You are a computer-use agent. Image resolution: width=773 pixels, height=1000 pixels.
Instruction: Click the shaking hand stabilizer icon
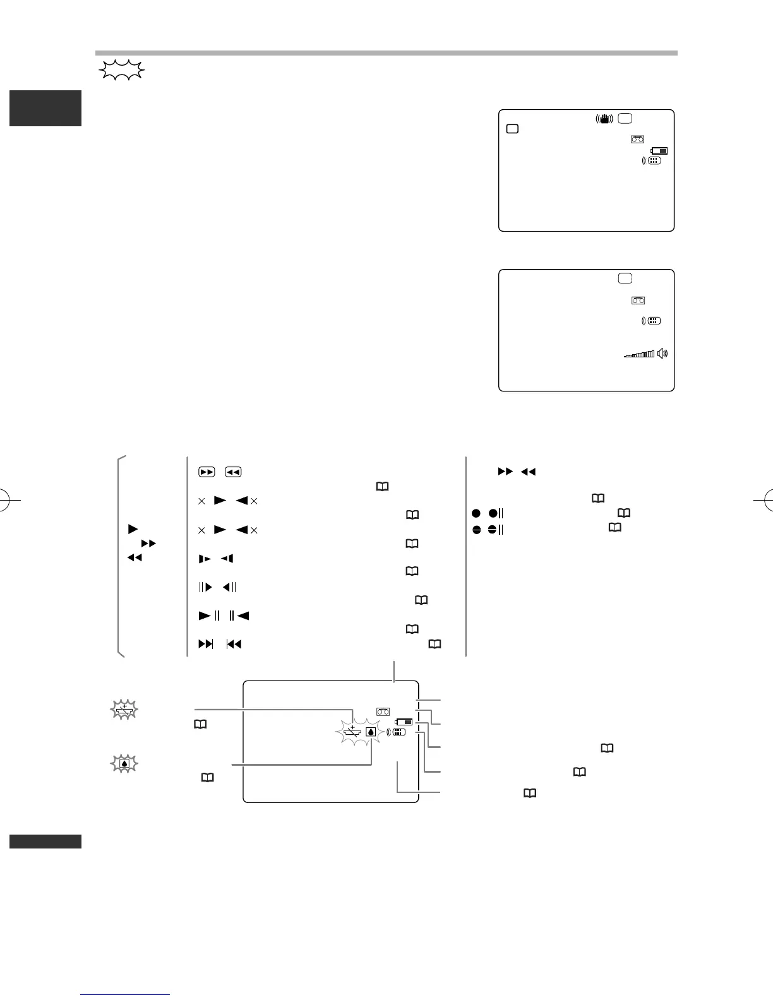605,118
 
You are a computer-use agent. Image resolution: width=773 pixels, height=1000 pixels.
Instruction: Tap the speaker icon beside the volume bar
662,354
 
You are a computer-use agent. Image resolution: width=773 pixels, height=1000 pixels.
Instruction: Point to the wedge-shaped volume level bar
640,355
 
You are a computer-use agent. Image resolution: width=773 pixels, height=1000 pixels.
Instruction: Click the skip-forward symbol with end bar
206,645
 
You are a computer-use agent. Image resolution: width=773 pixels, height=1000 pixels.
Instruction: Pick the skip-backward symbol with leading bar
234,645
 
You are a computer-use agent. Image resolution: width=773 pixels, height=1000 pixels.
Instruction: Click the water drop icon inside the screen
371,732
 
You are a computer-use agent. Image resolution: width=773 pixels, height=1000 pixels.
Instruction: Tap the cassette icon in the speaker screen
637,301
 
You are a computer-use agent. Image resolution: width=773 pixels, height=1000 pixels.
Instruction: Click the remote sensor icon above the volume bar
652,321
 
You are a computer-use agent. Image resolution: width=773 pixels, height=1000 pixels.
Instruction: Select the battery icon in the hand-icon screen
659,151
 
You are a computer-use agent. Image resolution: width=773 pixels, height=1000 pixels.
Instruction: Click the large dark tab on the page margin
45,108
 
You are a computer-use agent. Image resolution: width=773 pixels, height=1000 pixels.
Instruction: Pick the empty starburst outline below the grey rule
121,70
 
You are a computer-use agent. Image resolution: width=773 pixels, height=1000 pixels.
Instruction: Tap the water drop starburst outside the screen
123,763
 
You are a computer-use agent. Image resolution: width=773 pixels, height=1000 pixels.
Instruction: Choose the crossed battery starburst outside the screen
123,711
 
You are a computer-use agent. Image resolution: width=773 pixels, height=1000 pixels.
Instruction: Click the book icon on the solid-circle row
624,513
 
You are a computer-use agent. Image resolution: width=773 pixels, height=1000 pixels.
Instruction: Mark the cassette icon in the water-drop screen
383,711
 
